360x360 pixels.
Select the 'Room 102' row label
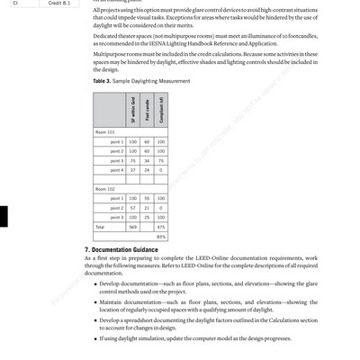[105, 189]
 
